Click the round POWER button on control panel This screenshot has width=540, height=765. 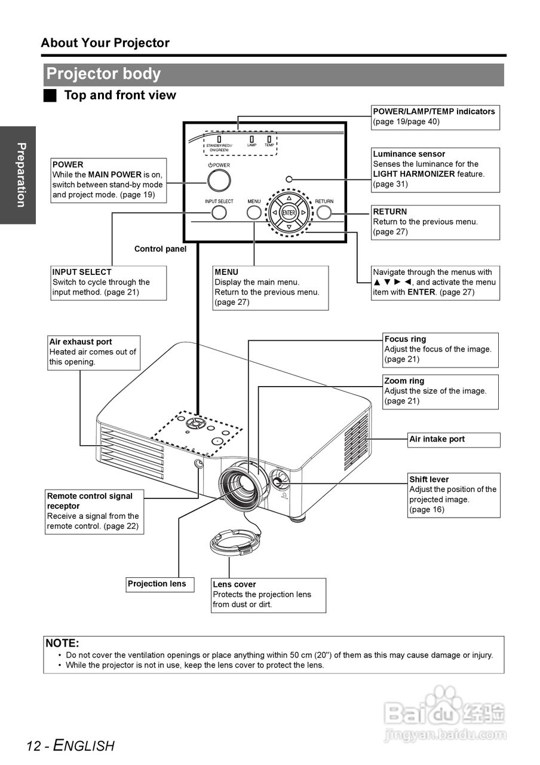coord(219,180)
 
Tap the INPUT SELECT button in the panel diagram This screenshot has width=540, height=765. coord(219,212)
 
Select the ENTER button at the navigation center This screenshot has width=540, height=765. coord(289,213)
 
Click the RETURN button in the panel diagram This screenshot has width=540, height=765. coord(324,212)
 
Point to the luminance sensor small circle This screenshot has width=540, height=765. coord(289,179)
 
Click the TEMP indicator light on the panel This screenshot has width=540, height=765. coord(269,139)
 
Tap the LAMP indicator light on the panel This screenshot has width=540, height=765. coord(252,139)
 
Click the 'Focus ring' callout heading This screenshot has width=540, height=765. coord(405,339)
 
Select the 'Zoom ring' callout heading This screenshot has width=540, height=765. coord(404,381)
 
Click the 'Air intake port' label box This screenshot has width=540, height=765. coord(453,439)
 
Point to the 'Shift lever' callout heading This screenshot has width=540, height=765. coord(428,479)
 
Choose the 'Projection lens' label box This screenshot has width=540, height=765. coord(160,585)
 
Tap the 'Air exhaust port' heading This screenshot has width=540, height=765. coord(81,342)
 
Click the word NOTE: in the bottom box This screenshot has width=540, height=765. coord(62,644)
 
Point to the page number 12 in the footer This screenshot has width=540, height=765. coord(33,746)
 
